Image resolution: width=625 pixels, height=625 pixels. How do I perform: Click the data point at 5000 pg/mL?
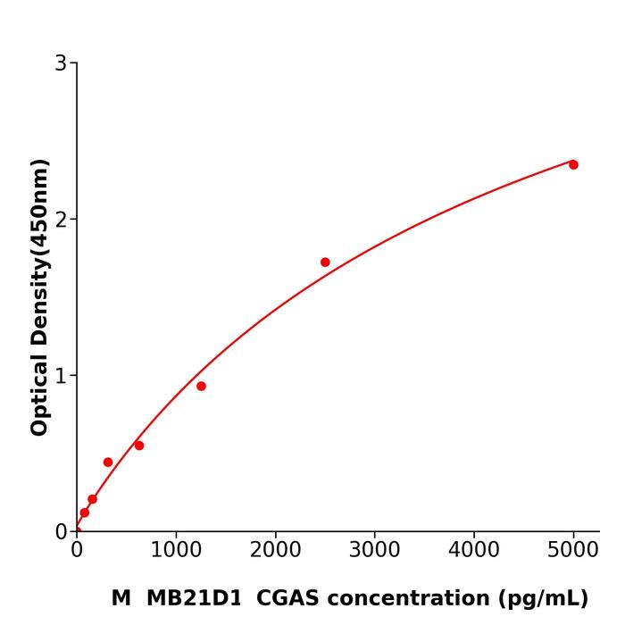point(573,164)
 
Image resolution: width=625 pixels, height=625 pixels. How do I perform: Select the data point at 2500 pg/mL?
point(325,262)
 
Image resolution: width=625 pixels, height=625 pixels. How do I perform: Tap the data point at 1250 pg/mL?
point(201,386)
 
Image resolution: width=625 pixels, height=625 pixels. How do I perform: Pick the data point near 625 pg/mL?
point(139,446)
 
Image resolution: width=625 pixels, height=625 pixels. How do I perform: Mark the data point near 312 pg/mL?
point(108,462)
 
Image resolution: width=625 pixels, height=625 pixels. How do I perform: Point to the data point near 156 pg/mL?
point(92,499)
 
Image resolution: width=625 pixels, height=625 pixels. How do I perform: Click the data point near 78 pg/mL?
point(84,512)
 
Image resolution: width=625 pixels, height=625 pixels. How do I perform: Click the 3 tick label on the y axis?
point(61,63)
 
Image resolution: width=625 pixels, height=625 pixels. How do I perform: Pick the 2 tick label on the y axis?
point(61,220)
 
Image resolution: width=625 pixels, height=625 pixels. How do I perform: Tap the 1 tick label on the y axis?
point(61,376)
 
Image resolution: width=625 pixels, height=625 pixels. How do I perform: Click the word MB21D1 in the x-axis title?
point(194,598)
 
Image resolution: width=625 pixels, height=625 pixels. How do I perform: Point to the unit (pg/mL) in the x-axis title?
point(542,599)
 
